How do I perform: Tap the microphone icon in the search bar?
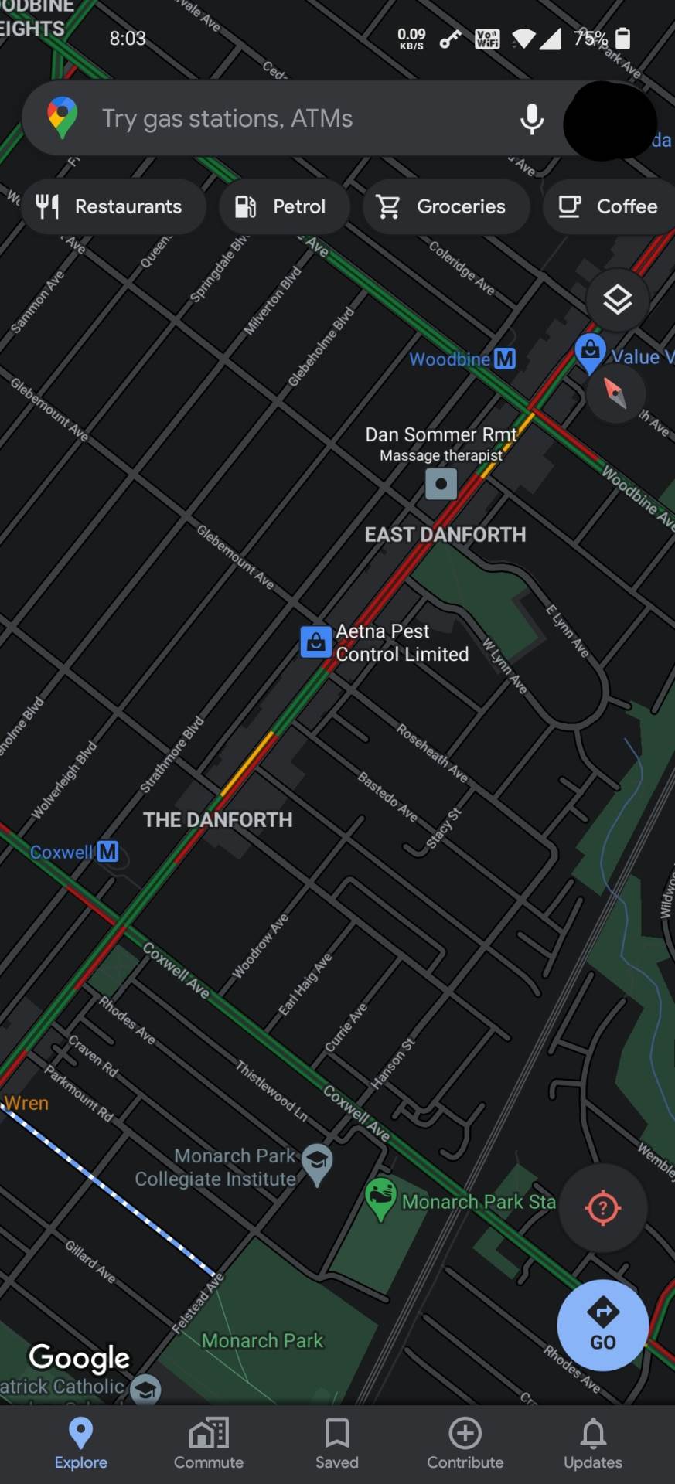point(532,119)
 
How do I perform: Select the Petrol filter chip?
point(284,206)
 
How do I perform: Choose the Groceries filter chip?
point(445,206)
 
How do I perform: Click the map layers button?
point(617,300)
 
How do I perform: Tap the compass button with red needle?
point(615,393)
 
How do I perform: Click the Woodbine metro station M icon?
point(505,359)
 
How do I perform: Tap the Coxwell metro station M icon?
point(107,852)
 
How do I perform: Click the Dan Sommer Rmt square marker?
point(441,485)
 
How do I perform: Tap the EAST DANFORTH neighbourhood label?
point(445,535)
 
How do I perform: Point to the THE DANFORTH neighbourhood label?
point(218,820)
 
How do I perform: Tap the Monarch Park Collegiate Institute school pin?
point(317,1162)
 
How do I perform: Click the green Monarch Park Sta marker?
point(380,1198)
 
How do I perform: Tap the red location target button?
point(603,1208)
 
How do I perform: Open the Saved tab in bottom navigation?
point(337,1443)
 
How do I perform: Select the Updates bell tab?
point(593,1443)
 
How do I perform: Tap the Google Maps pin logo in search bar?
point(63,118)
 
